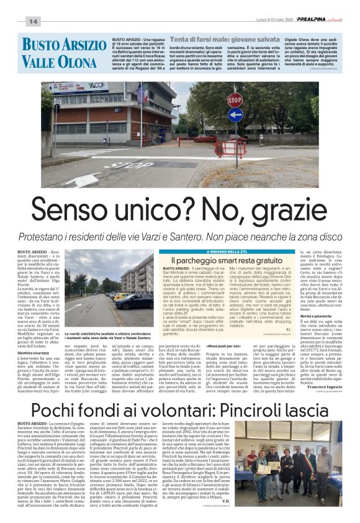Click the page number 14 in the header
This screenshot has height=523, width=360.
pyautogui.click(x=33, y=22)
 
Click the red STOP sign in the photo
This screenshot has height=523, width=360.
pyautogui.click(x=235, y=99)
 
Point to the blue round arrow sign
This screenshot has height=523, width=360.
pyautogui.click(x=235, y=115)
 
